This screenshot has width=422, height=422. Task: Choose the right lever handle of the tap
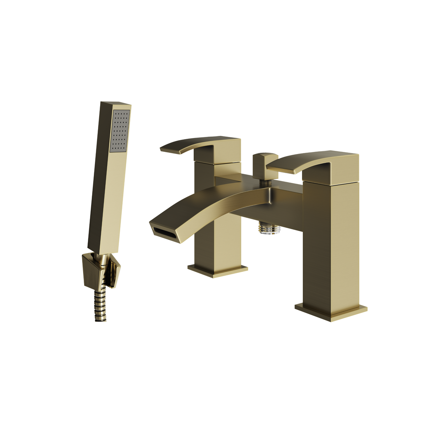(306, 162)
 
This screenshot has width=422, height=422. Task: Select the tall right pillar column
(330, 243)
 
